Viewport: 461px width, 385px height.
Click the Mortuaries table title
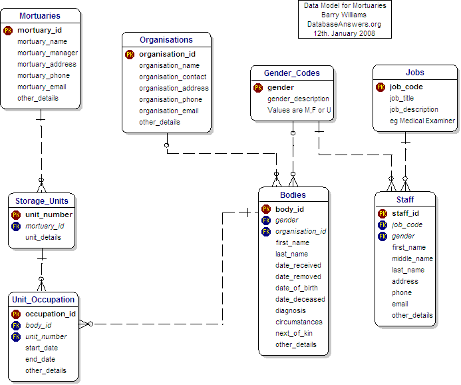40,15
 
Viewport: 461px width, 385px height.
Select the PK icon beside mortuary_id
8,30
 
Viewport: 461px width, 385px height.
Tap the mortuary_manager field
47,53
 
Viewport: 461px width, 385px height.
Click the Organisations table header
166,40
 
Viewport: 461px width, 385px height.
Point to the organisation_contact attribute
172,77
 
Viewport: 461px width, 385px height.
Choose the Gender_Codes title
291,73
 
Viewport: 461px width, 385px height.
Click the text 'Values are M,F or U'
299,110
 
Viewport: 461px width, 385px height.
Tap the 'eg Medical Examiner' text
422,121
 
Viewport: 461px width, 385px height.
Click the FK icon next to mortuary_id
16,226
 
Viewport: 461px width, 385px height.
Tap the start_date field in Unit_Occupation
41,348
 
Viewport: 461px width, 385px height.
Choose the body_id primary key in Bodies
289,209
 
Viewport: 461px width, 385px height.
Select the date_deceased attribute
300,299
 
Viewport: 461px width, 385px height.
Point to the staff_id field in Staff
405,214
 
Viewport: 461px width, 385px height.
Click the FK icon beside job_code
383,225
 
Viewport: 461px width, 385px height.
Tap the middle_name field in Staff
412,258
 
